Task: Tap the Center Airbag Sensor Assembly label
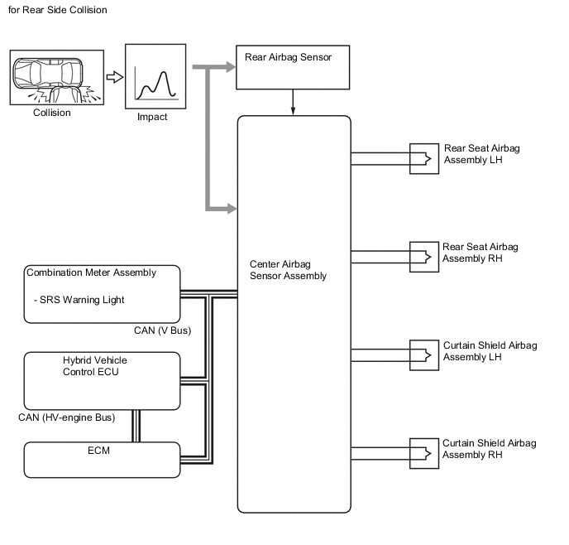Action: (x=288, y=270)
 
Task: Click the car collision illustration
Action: (x=56, y=77)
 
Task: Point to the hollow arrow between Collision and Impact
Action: (x=115, y=77)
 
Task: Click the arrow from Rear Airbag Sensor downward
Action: (x=293, y=103)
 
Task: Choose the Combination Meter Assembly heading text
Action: (x=92, y=272)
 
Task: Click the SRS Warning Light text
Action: (x=82, y=300)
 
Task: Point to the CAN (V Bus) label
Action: (x=162, y=330)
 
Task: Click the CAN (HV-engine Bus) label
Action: (x=67, y=417)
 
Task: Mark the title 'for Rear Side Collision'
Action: (x=57, y=10)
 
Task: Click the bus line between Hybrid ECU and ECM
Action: (x=136, y=426)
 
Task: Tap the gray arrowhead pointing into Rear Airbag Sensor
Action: (x=231, y=67)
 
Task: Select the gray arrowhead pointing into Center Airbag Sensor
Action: (x=232, y=209)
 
